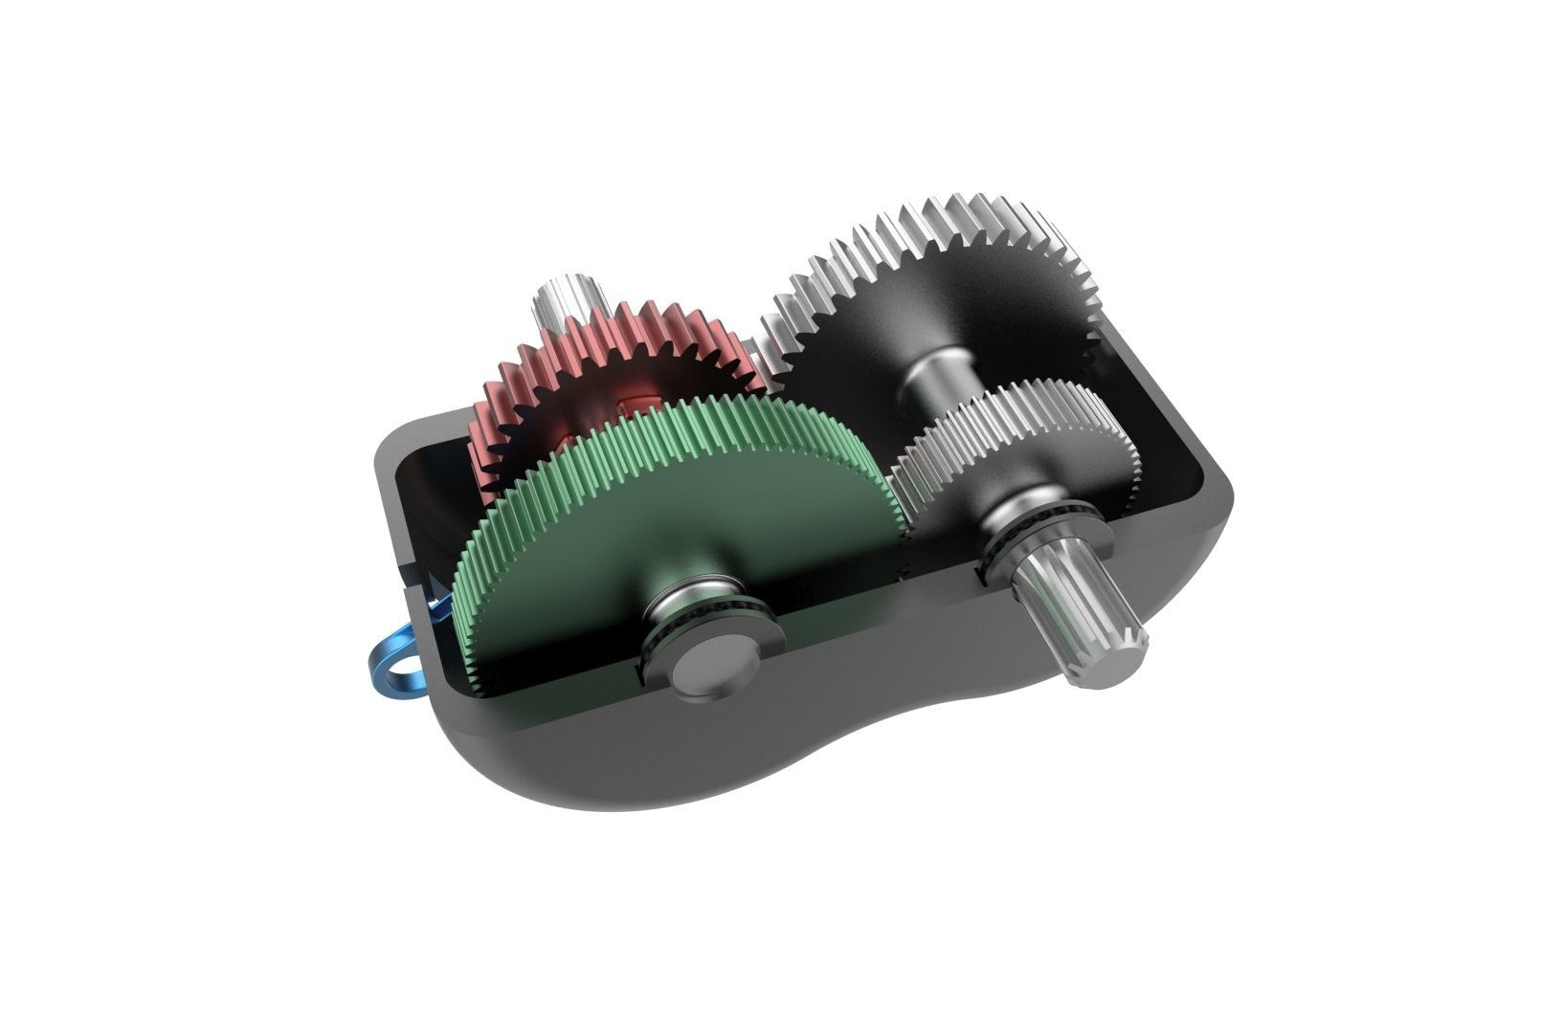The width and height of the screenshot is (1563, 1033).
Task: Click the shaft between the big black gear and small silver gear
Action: [x=943, y=373]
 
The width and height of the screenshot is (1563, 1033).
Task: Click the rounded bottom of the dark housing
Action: [x=670, y=765]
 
